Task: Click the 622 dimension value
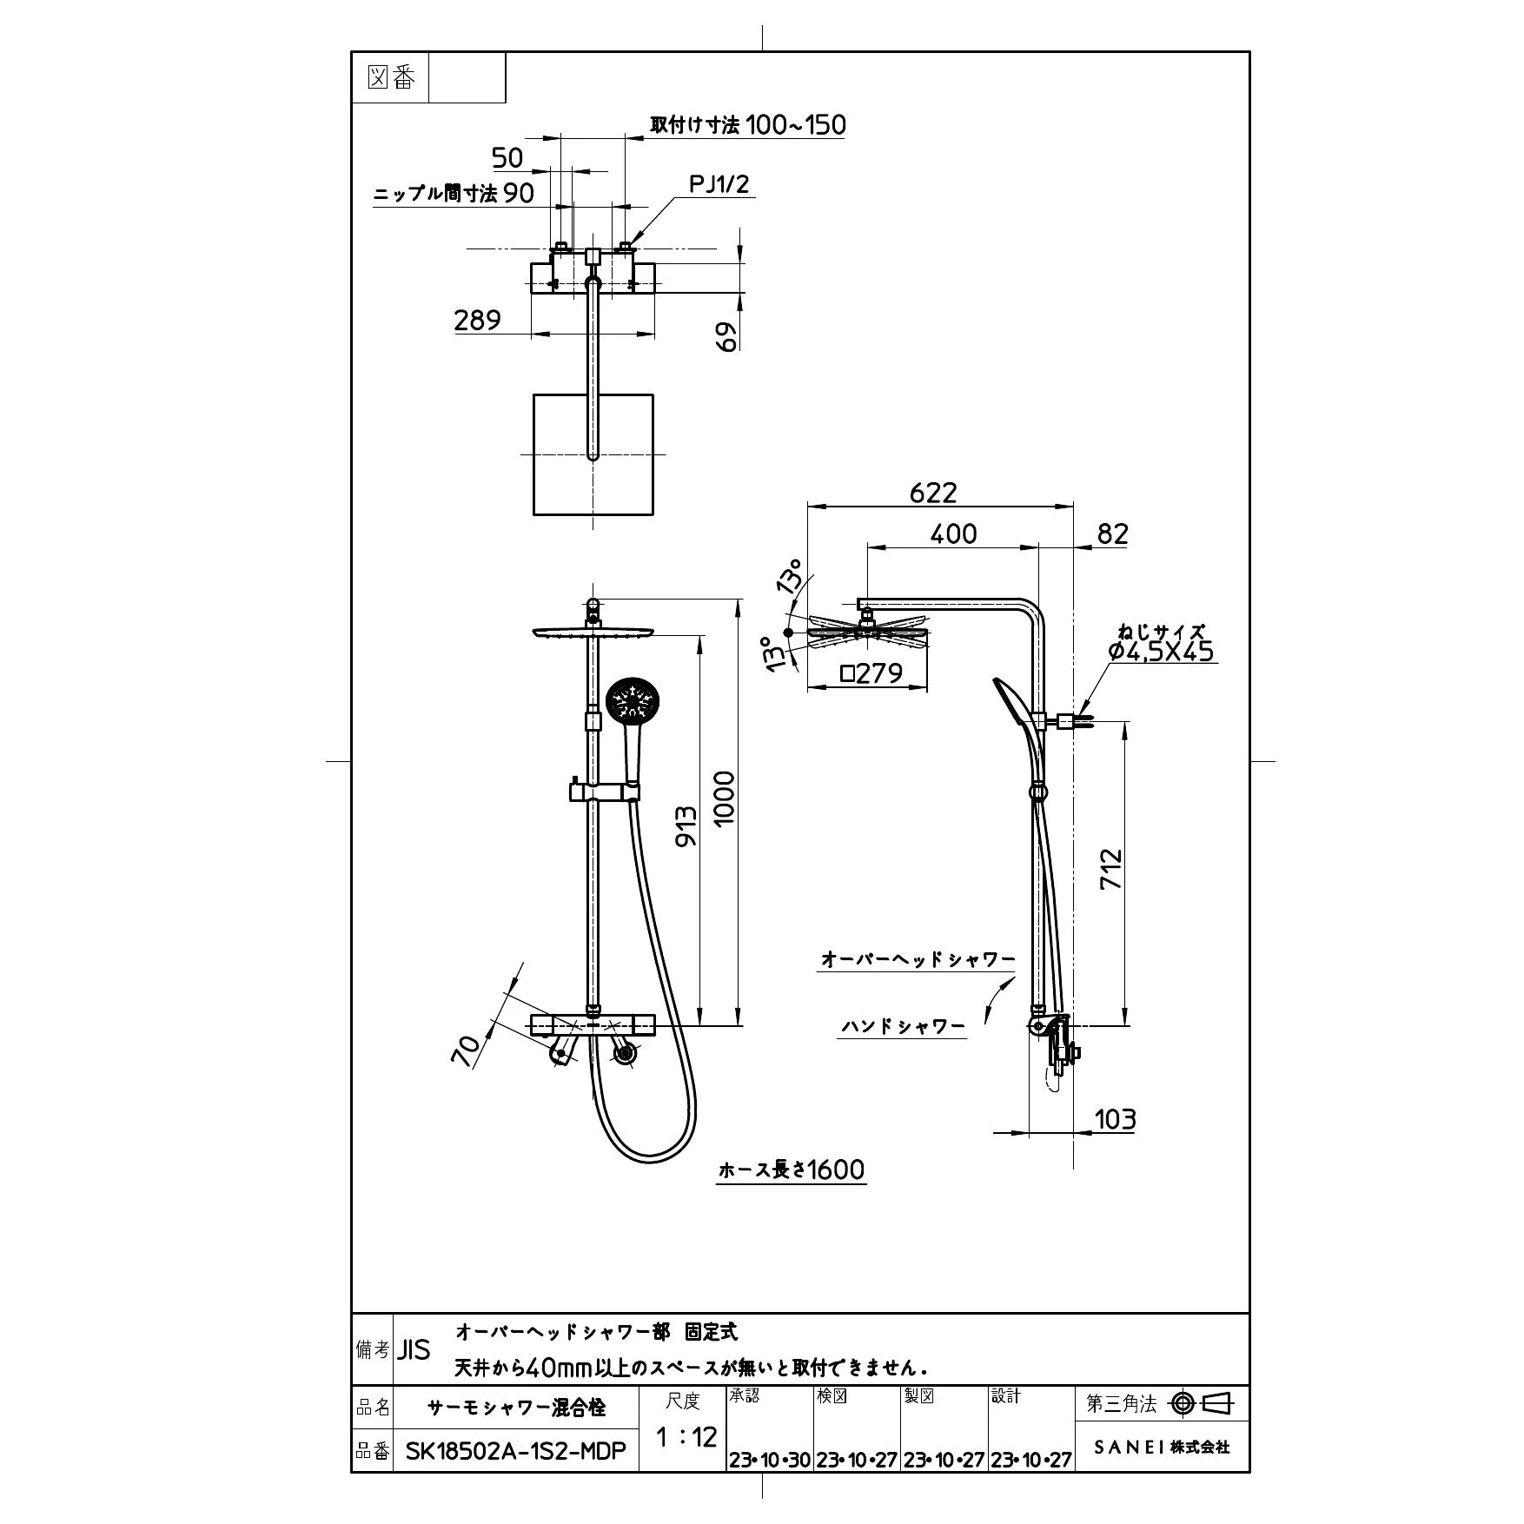pyautogui.click(x=933, y=493)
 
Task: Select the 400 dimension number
pyautogui.click(x=953, y=533)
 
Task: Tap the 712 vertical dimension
pyautogui.click(x=1111, y=868)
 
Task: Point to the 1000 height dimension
pyautogui.click(x=724, y=798)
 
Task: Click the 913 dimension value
pyautogui.click(x=686, y=828)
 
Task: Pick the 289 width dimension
pyautogui.click(x=477, y=321)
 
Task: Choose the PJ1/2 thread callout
pyautogui.click(x=719, y=184)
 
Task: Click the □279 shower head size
pyautogui.click(x=871, y=673)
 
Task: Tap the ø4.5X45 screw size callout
pyautogui.click(x=1162, y=651)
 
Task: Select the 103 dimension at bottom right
pyautogui.click(x=1115, y=1119)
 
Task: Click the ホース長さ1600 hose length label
pyautogui.click(x=792, y=1170)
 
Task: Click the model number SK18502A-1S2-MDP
pyautogui.click(x=516, y=1451)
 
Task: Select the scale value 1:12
pyautogui.click(x=686, y=1437)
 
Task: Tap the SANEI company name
pyautogui.click(x=1161, y=1447)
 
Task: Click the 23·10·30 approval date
pyautogui.click(x=769, y=1461)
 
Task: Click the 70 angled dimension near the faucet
pyautogui.click(x=467, y=1050)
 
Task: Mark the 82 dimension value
pyautogui.click(x=1112, y=533)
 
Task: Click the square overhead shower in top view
pyautogui.click(x=593, y=454)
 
